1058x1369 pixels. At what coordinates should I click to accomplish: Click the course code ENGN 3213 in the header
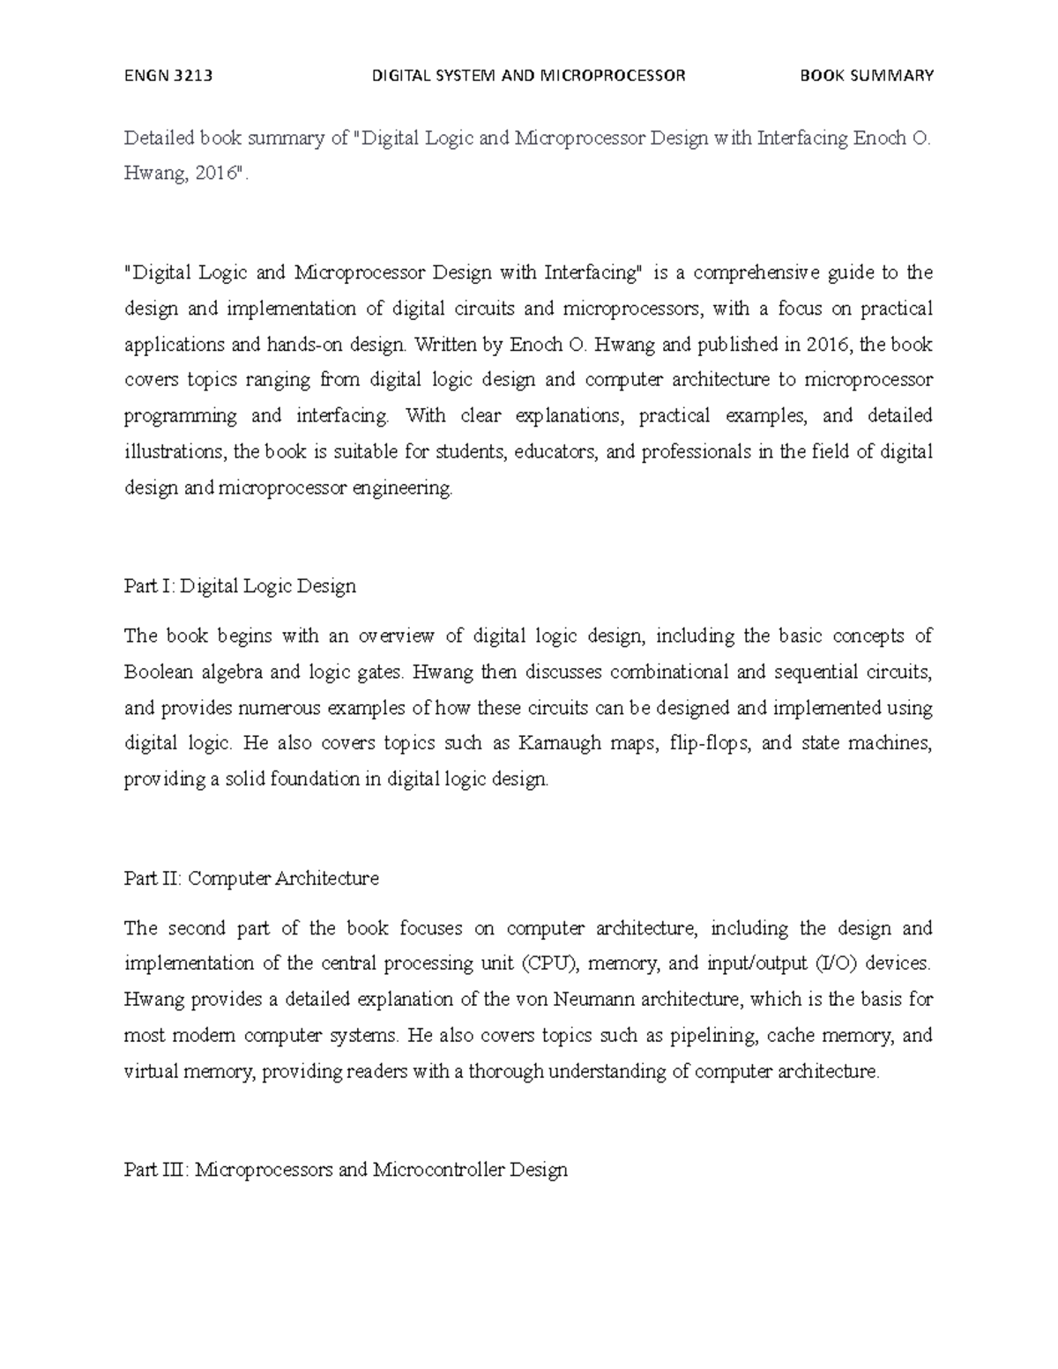pos(168,76)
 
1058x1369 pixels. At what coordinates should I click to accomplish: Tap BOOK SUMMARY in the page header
pos(866,76)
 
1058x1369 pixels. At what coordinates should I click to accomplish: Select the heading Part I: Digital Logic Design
pos(240,586)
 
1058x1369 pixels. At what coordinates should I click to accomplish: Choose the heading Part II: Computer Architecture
pos(251,878)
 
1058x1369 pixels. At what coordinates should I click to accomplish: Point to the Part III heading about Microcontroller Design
pos(346,1170)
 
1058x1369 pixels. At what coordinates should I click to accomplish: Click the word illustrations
pos(175,451)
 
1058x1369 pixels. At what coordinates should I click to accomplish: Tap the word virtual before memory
pos(151,1072)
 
